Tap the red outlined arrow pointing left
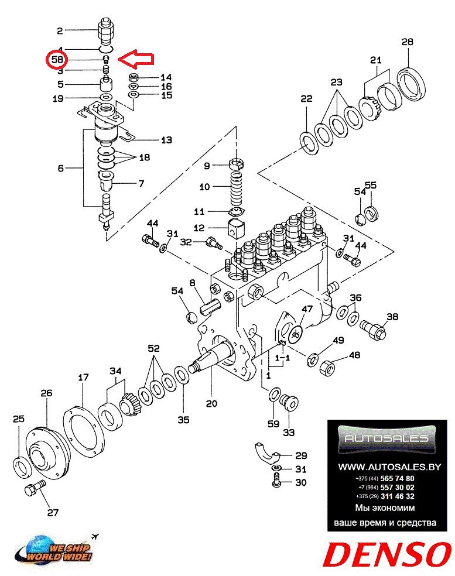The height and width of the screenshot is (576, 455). (135, 59)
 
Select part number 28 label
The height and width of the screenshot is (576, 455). (408, 42)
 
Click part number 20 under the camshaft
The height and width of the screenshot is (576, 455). (211, 403)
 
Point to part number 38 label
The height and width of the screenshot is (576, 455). (392, 317)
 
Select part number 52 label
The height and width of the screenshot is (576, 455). (153, 348)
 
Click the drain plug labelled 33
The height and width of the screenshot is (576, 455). (290, 403)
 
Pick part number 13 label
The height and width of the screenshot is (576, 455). (167, 140)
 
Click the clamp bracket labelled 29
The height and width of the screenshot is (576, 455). (268, 450)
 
